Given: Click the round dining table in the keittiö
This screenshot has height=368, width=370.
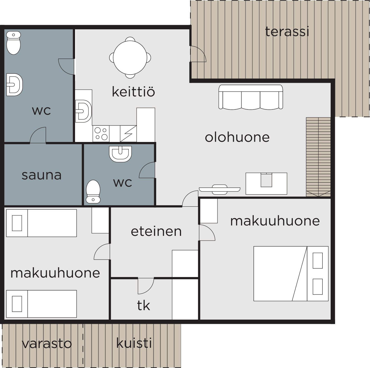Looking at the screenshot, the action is click(130, 58).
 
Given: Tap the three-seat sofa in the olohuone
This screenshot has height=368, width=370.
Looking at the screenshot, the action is click(251, 97).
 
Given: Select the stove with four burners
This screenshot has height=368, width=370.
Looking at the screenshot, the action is click(101, 134).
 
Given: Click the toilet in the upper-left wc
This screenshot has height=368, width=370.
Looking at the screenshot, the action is click(13, 43).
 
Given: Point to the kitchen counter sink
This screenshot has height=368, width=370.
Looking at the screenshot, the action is click(83, 111).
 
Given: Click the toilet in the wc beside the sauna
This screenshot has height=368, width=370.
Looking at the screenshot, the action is click(93, 191).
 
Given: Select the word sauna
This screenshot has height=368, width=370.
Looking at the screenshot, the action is click(41, 175).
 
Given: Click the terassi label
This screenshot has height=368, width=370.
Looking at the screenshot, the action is click(287, 32).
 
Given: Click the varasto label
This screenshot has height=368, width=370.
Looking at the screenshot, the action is click(47, 344).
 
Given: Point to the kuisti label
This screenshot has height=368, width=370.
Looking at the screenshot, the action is click(134, 343).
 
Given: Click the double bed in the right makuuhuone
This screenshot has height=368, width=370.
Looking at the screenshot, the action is click(291, 274).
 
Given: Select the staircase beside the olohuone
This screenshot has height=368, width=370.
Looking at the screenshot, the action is click(318, 157).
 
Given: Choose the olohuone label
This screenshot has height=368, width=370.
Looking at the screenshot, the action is click(237, 137).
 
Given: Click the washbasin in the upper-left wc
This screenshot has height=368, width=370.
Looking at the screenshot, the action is click(14, 85).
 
